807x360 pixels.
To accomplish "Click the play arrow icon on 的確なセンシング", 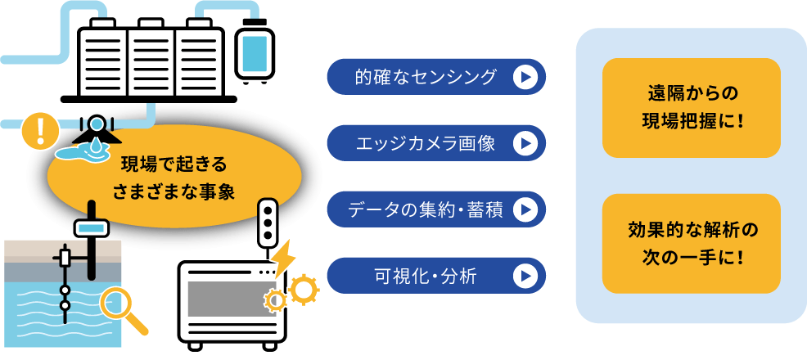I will click(525, 77).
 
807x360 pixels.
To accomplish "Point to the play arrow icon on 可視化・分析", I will click(525, 276).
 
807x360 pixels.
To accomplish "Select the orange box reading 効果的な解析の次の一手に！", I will click(691, 244).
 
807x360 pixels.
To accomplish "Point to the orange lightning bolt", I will click(284, 258).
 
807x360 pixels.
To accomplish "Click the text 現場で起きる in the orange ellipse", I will click(174, 162).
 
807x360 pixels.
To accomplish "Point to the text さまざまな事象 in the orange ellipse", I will click(174, 191).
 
